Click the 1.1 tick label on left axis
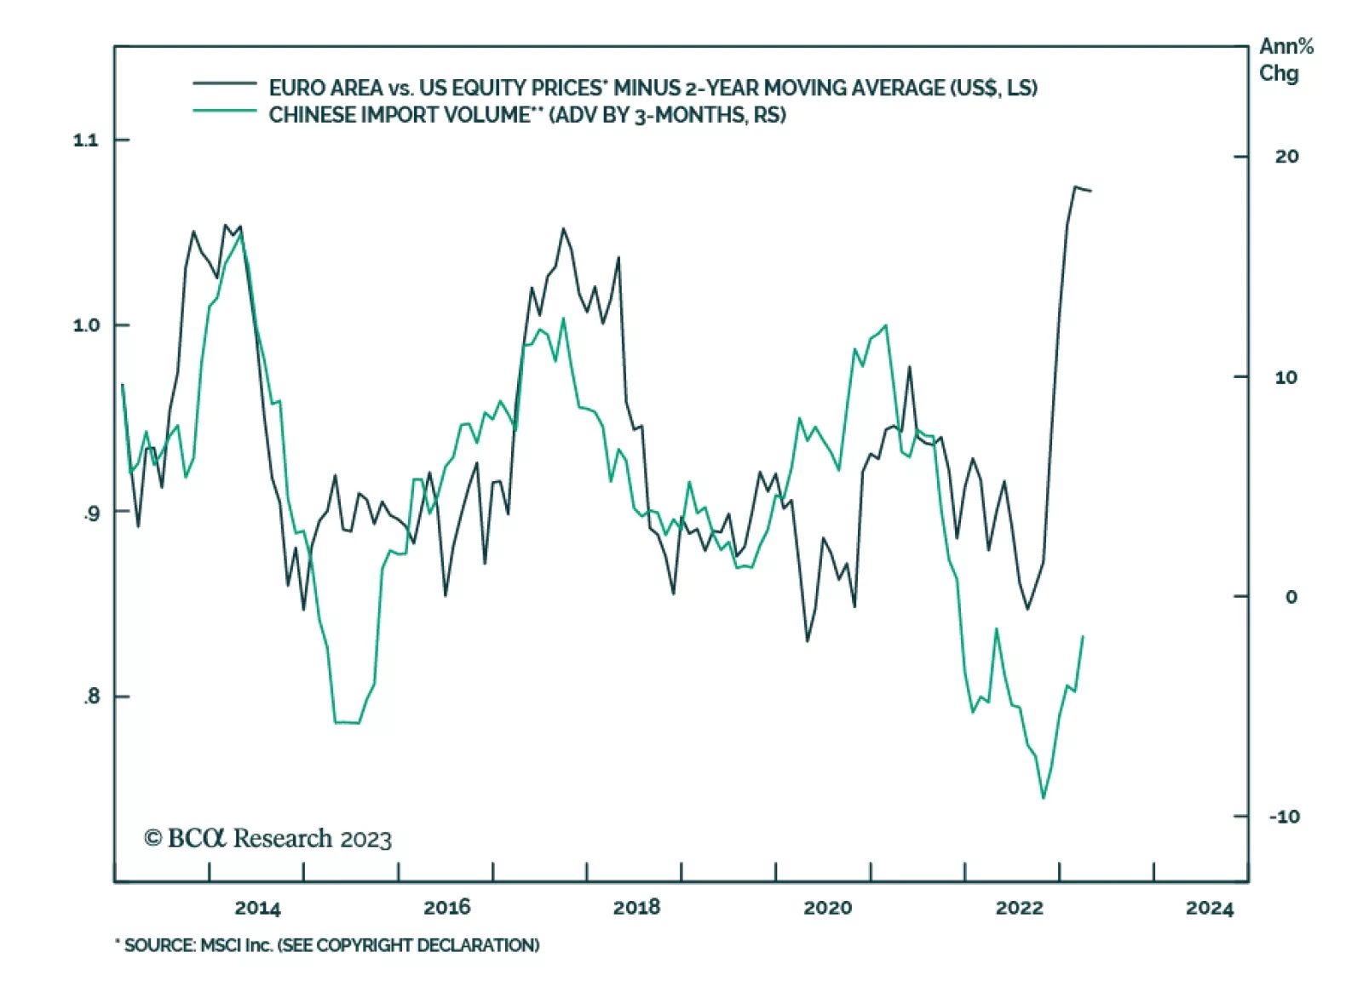coord(86,140)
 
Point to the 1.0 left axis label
coord(86,325)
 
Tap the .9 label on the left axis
coord(92,513)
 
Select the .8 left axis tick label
coord(92,697)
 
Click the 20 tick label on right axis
coord(1286,157)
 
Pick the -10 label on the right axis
coord(1284,817)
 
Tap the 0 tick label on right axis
coord(1291,597)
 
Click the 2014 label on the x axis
coord(257,908)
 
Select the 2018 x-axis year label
coord(636,908)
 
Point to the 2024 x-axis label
coord(1209,908)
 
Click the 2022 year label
coord(1019,908)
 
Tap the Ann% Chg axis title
coord(1285,60)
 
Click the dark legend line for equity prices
coord(224,83)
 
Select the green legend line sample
coord(224,111)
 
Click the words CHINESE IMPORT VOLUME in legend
coord(399,115)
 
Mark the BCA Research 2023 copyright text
coord(267,839)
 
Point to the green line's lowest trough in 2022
coord(1044,798)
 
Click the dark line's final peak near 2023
coord(1076,186)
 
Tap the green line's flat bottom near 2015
coord(347,722)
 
